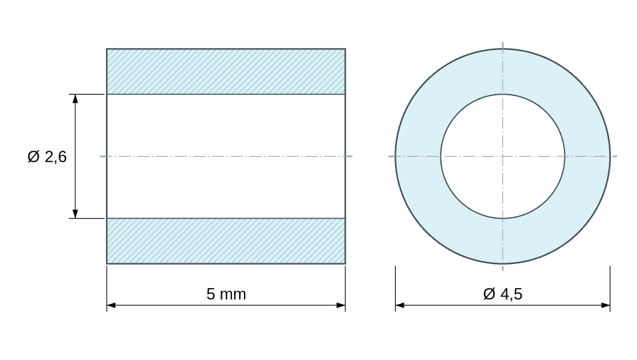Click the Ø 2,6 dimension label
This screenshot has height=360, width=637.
click(47, 157)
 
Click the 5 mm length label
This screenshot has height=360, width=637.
click(227, 294)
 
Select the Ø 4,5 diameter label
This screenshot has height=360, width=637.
click(502, 294)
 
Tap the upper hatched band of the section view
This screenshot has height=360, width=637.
click(226, 71)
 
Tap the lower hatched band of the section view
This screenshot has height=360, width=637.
click(226, 241)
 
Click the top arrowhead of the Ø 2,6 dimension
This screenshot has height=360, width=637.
click(75, 98)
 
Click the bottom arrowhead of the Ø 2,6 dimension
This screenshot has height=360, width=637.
click(75, 214)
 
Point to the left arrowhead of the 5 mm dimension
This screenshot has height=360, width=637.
click(111, 305)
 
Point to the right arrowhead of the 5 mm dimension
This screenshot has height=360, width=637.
click(341, 305)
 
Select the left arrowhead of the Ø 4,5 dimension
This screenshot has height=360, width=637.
click(400, 305)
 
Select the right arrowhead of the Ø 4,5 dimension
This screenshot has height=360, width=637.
click(605, 305)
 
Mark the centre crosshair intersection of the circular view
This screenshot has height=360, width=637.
click(502, 156)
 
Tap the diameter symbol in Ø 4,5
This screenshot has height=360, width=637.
click(489, 294)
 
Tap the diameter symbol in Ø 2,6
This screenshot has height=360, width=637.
click(33, 157)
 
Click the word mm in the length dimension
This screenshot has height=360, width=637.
click(233, 295)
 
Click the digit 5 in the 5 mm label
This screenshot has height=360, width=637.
click(211, 294)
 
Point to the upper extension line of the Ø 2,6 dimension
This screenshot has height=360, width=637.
click(87, 94)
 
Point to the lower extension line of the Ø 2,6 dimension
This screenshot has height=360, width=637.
click(87, 218)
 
